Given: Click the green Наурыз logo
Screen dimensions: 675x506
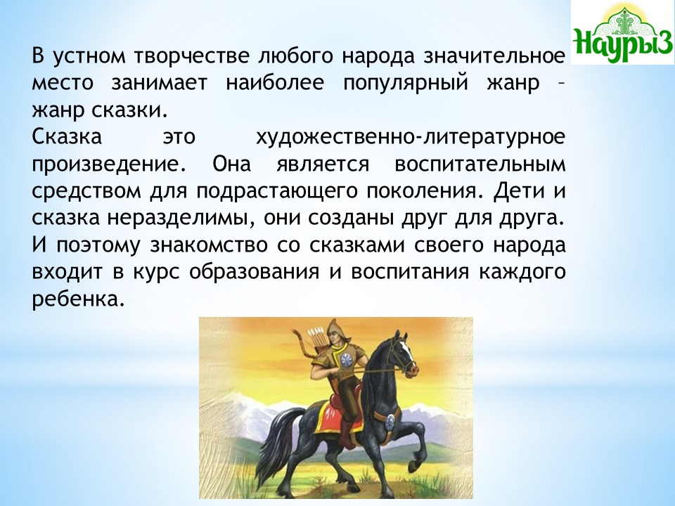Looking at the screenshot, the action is [x=623, y=32].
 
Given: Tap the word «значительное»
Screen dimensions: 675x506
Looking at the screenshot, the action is [x=494, y=56].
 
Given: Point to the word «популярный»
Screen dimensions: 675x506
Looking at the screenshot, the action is [x=406, y=84].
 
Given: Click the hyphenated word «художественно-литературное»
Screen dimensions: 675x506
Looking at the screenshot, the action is [x=410, y=138].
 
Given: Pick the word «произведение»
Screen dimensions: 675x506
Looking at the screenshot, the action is [x=110, y=165].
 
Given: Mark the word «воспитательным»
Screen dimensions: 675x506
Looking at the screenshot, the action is [x=480, y=164].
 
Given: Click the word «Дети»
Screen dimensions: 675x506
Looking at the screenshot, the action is [x=518, y=191].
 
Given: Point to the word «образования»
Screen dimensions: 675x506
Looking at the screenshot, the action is [x=254, y=273].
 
